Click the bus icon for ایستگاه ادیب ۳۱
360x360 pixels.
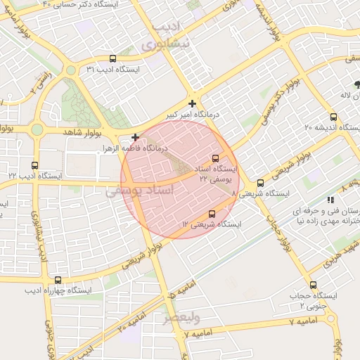[113, 59]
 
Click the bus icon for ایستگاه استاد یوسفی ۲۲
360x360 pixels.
[215, 158]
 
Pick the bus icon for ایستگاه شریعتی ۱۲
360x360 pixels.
[212, 214]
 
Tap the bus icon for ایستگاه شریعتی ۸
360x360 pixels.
[260, 183]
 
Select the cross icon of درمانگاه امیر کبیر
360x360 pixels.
[192, 103]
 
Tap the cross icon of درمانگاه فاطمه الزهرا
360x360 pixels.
[135, 137]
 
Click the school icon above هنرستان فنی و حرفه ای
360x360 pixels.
[330, 200]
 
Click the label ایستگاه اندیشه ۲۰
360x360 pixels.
[328, 127]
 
